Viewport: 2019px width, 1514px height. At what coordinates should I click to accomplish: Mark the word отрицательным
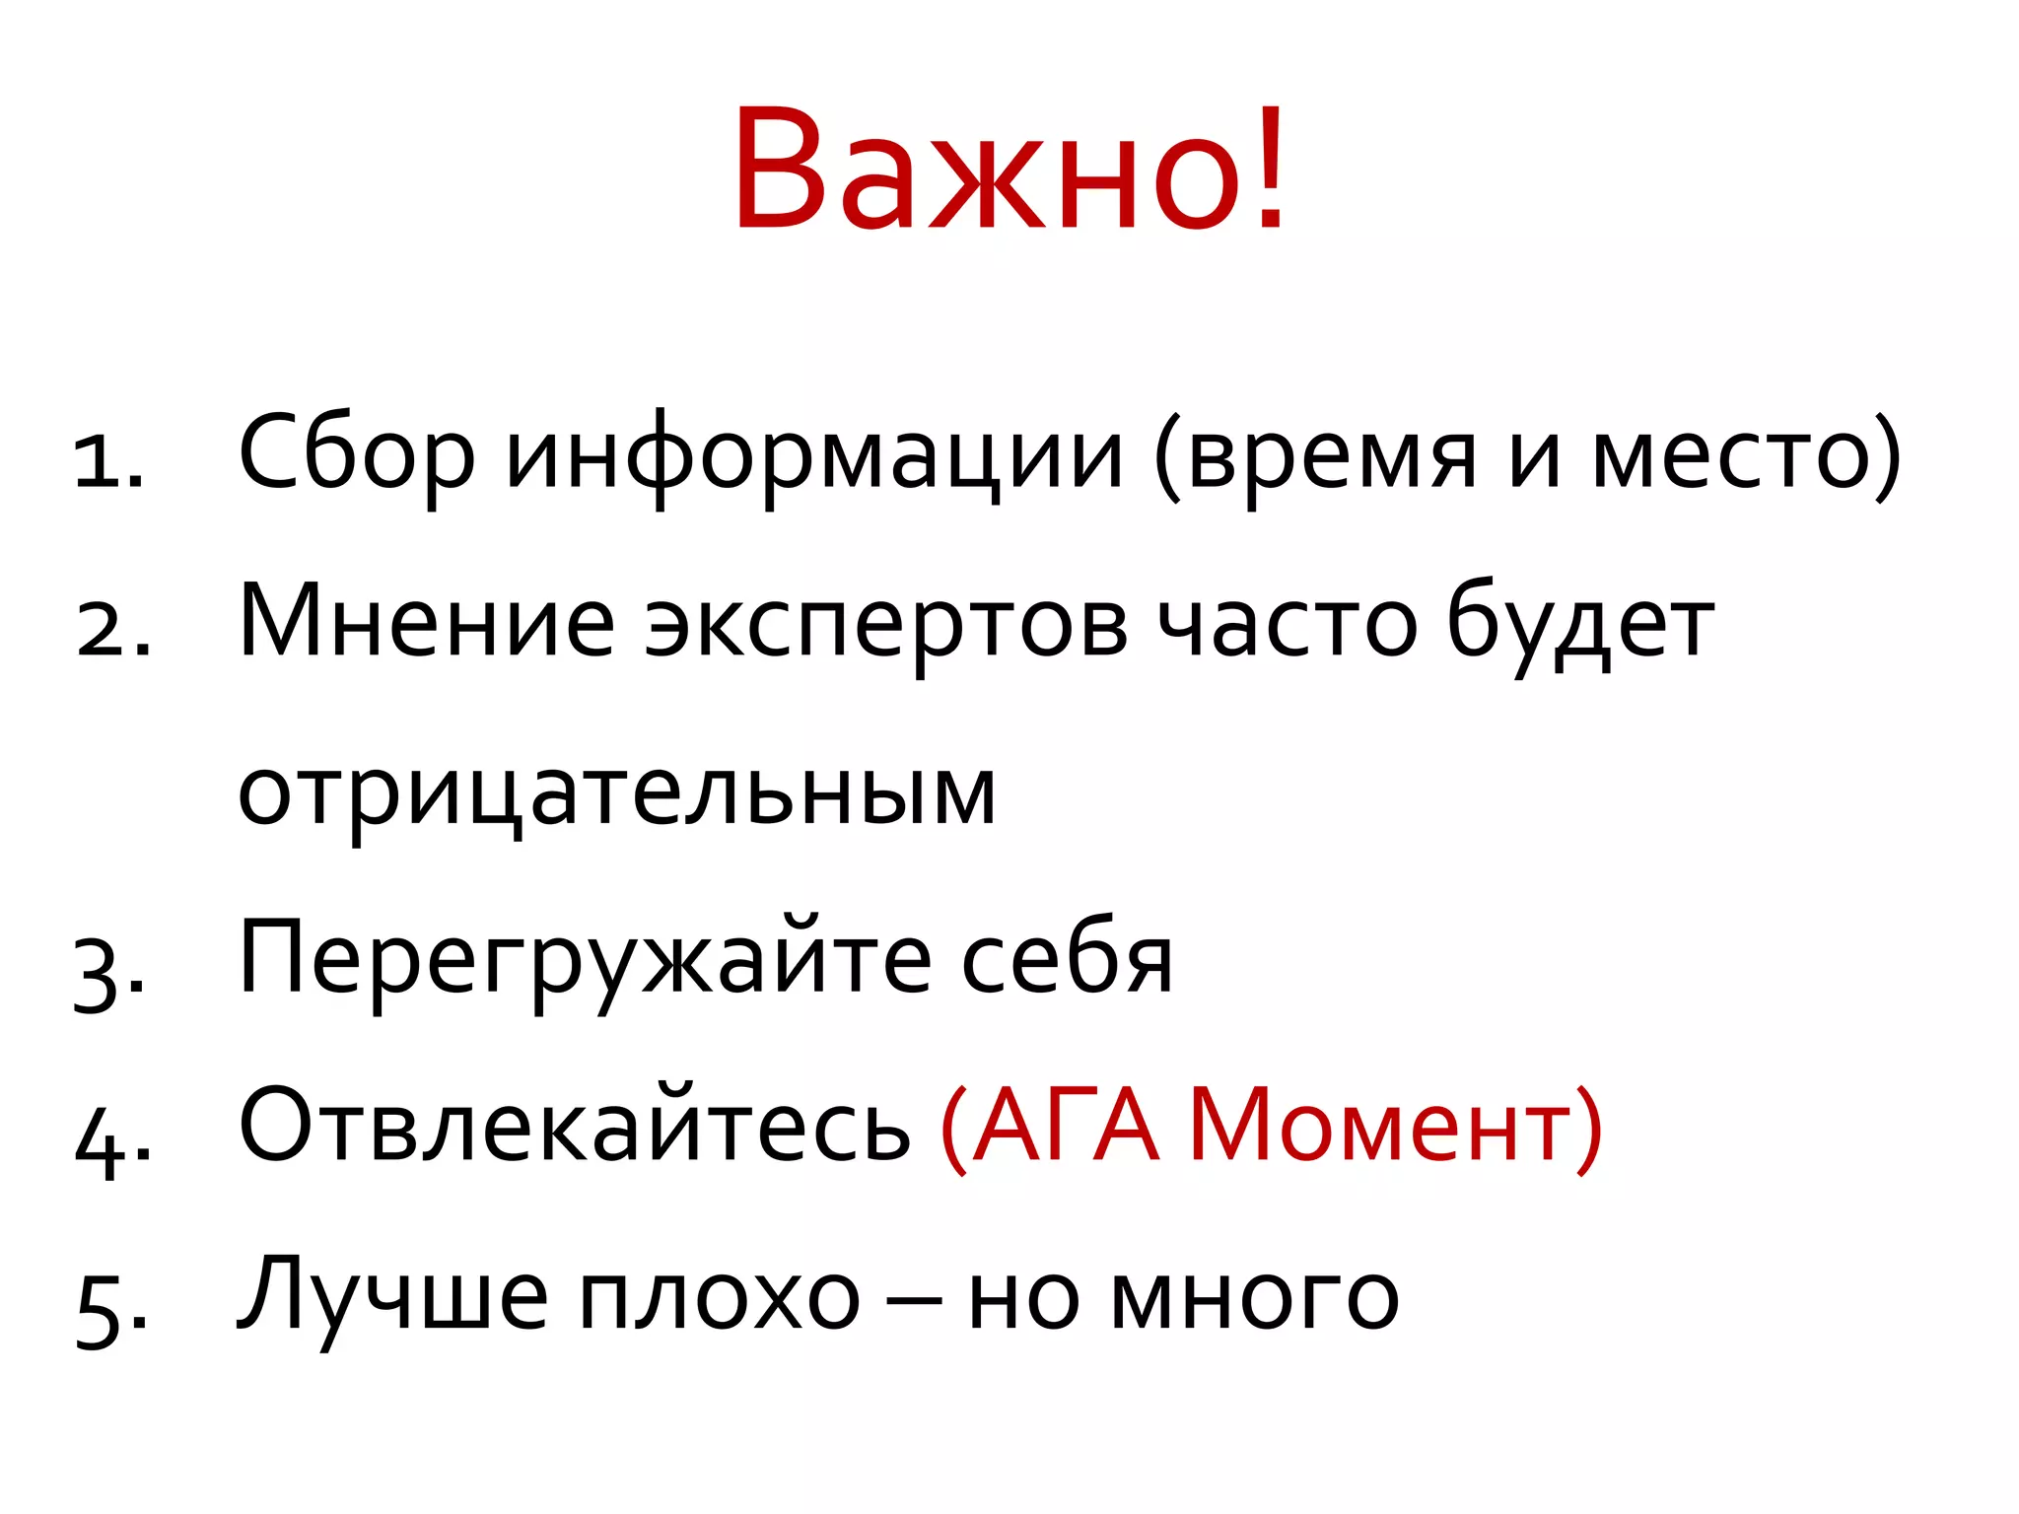(617, 794)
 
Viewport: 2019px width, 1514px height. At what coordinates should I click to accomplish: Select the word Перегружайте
(585, 962)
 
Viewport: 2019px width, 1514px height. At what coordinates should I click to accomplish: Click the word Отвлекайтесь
(575, 1128)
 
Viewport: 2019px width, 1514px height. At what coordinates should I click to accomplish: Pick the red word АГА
(1066, 1128)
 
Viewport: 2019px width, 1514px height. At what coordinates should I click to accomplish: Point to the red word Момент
(1380, 1128)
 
